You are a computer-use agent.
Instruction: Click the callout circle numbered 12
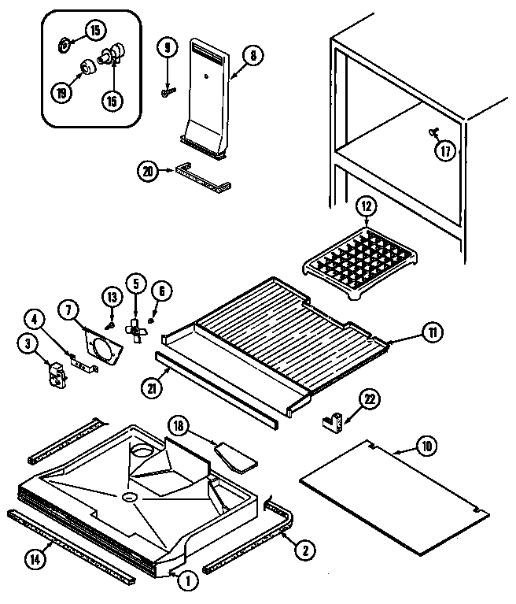pos(366,206)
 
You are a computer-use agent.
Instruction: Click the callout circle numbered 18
pos(179,426)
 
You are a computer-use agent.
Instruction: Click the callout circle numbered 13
pos(111,296)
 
